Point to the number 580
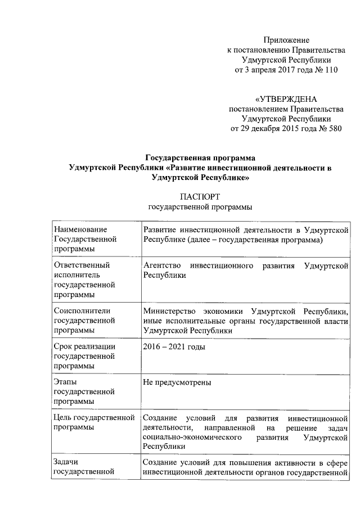334,128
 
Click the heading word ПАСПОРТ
199,197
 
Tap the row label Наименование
79,230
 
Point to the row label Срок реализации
84,346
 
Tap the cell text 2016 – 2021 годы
174,346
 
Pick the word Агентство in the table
161,264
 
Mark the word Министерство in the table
167,311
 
